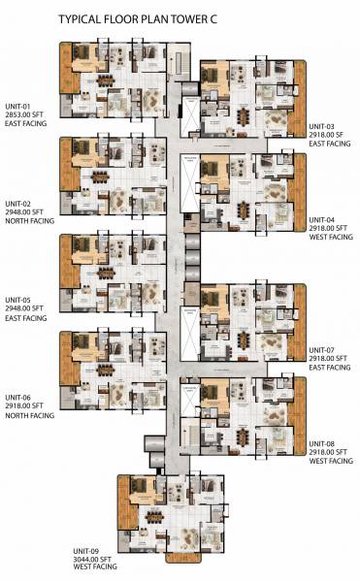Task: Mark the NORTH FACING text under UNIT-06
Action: [30, 415]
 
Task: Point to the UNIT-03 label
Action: [325, 127]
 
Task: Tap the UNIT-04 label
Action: [325, 221]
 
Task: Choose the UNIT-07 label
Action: [325, 349]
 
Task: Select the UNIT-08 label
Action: [325, 443]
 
